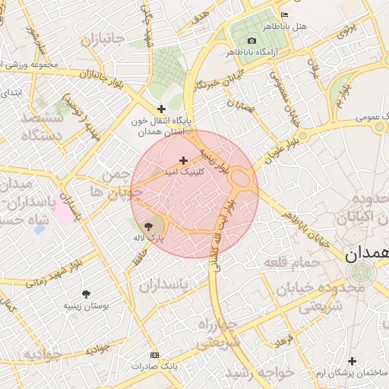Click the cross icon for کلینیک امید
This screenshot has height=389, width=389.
point(183,160)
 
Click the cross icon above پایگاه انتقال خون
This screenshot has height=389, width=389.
point(161,109)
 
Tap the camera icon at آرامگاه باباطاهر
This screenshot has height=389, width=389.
point(252,40)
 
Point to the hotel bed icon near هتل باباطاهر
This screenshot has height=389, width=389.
point(285,14)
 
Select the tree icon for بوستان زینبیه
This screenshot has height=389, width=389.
point(85,293)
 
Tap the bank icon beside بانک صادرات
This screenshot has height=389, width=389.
point(155,355)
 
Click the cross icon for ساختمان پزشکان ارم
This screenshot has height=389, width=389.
point(351,362)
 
